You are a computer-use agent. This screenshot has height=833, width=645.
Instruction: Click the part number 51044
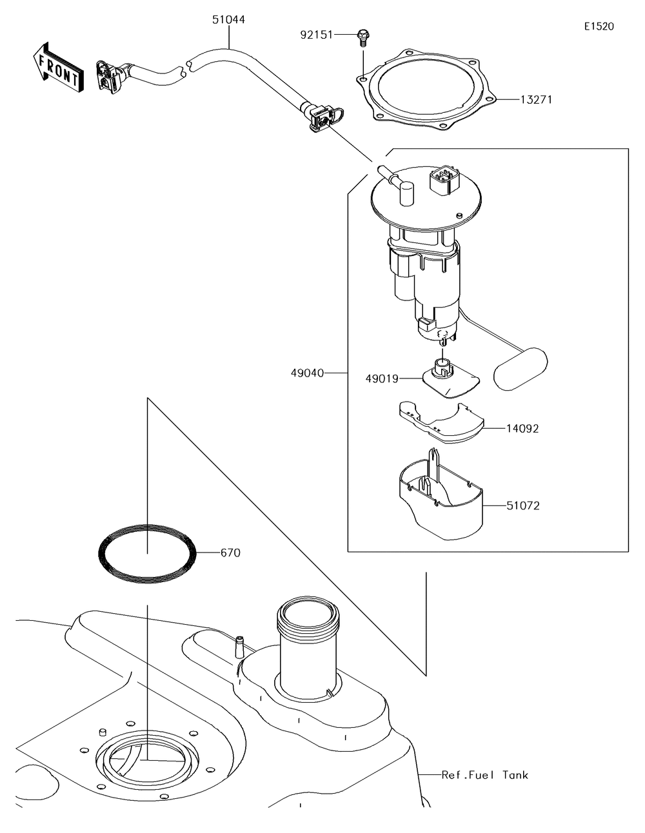pos(228,20)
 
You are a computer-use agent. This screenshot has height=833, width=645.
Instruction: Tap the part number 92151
pos(316,34)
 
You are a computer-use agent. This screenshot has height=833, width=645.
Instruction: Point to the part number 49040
pos(307,373)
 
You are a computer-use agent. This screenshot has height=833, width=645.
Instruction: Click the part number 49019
pos(382,379)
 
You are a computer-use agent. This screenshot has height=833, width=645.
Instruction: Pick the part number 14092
pos(522,428)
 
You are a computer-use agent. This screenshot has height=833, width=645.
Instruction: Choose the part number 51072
pos(522,505)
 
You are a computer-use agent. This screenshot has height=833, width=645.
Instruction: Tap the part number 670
pos(230,553)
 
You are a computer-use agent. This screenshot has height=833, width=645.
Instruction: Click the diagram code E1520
pos(599,26)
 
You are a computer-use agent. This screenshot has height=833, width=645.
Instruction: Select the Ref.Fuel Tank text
pos(484,774)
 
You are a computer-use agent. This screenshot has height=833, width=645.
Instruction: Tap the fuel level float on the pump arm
pos(520,369)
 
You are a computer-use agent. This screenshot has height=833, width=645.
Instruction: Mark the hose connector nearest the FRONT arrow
pos(108,75)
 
